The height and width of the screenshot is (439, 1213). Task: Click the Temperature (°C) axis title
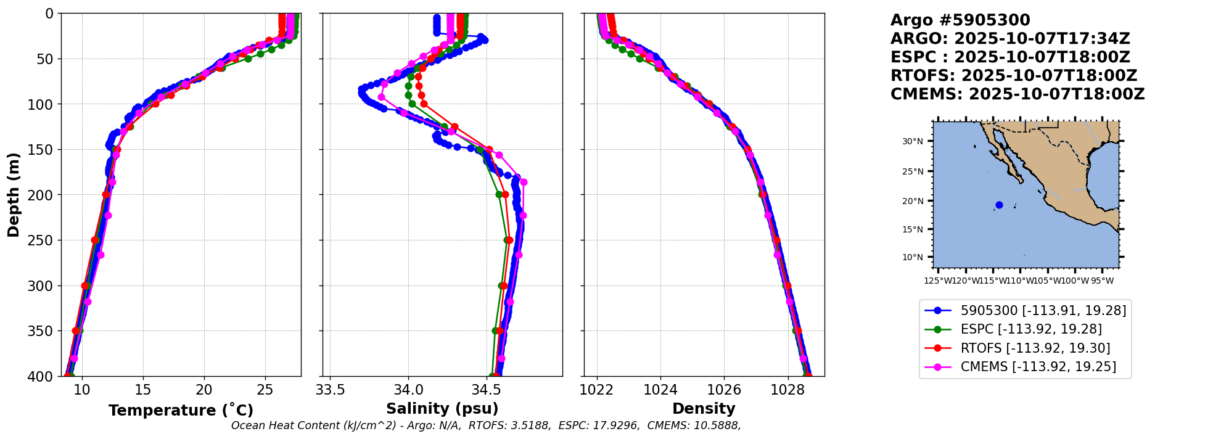tap(181, 411)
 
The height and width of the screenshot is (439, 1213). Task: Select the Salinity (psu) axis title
tap(442, 409)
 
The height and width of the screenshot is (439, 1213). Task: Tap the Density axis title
tap(704, 409)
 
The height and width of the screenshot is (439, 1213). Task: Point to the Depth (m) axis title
tap(14, 195)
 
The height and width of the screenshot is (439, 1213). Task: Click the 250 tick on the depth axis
tap(44, 240)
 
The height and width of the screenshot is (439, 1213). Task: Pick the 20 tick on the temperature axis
tap(204, 390)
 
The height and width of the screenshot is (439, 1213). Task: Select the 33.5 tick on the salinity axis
tap(330, 390)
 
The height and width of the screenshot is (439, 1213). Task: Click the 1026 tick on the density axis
tap(723, 390)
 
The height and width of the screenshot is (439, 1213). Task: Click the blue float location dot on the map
tap(999, 205)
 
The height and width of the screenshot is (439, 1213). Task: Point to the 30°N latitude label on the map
tap(913, 142)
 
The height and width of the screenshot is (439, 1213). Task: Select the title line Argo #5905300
tap(960, 20)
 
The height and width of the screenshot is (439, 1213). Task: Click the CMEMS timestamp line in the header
tap(1017, 94)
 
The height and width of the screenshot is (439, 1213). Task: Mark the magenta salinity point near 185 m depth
tap(524, 183)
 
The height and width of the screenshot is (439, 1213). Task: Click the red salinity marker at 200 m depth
tap(505, 195)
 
